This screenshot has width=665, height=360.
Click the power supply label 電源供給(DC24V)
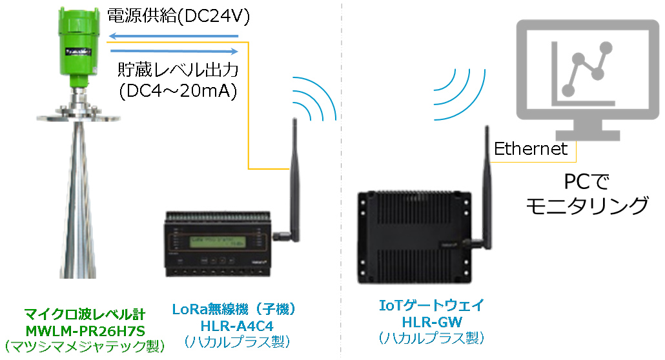[x=178, y=16]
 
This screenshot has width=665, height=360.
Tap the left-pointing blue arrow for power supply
[x=173, y=36]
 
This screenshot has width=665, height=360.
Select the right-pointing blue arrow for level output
[x=174, y=52]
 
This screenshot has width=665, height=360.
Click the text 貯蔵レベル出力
[x=178, y=70]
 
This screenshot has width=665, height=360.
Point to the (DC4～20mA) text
[x=178, y=91]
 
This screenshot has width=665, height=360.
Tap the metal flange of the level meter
[x=79, y=116]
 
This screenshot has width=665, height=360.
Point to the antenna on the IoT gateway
[x=487, y=186]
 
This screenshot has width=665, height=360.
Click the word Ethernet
[x=531, y=149]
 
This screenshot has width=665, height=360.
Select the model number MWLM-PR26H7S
[x=85, y=331]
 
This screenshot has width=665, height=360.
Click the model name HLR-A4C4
[x=237, y=326]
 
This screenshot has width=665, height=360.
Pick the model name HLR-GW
[x=432, y=323]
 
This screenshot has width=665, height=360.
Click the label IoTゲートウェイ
[x=431, y=305]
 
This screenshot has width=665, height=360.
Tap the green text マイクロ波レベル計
[x=85, y=314]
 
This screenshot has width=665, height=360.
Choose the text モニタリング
[x=588, y=206]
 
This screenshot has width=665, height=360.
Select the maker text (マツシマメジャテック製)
[x=85, y=346]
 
